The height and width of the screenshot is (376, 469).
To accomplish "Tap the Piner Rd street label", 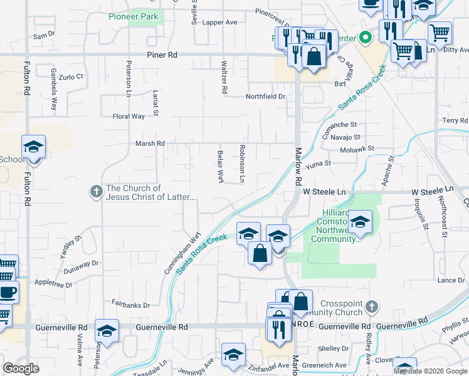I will pos(162,55).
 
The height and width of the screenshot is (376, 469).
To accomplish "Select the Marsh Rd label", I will pos(150,144).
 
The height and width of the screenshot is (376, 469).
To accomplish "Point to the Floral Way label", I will pos(128,116).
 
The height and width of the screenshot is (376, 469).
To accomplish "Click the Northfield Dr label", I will pos(265,97).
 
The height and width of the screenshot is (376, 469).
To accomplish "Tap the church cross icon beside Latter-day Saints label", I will pos(96,192).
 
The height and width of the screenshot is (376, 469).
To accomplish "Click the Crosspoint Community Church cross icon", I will pos(372,307).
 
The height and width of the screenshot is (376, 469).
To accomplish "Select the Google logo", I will pos(21,368).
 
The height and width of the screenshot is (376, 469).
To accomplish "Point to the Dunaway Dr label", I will pos(82,268).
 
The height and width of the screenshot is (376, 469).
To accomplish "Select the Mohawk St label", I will pos(357,149).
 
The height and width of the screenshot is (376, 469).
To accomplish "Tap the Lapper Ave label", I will pos(219,22).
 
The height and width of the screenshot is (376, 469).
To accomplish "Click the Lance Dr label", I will pos(451,280).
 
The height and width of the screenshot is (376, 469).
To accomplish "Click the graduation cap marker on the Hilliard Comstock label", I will pos(360,222).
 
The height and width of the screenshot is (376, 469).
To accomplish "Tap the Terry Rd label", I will pos(455,120).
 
